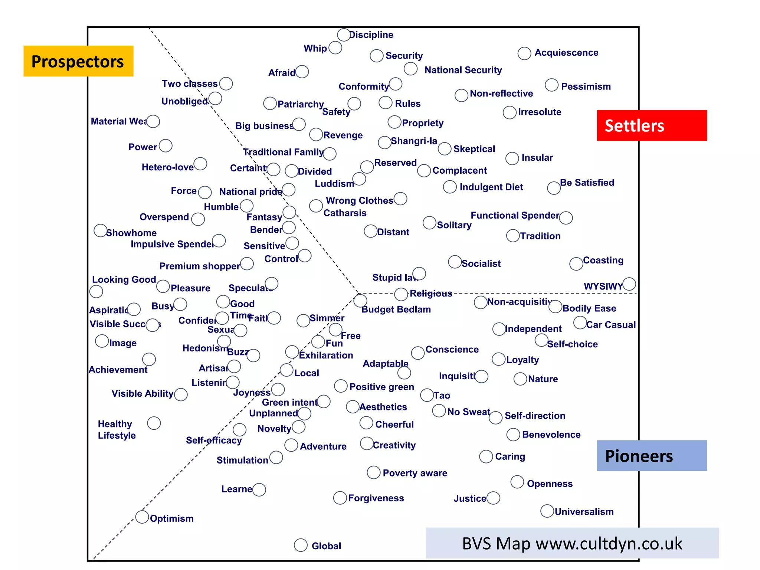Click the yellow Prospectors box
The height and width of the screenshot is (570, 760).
[78, 61]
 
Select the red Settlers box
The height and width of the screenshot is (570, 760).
[652, 125]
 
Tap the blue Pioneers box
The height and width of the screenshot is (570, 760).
[652, 456]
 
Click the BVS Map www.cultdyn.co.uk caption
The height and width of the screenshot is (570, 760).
[572, 543]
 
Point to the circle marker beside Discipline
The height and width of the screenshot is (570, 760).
[344, 35]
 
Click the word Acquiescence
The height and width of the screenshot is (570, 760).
[566, 53]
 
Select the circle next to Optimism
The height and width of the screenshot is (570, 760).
[142, 517]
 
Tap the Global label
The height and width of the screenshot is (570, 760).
[326, 546]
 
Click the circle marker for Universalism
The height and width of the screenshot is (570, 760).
[547, 511]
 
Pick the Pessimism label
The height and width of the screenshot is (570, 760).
[586, 86]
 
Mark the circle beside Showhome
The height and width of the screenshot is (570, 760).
[100, 230]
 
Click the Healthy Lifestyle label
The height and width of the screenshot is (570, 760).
[117, 430]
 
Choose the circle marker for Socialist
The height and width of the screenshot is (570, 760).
[455, 262]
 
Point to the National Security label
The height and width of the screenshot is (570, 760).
[463, 70]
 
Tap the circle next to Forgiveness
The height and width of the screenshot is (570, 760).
[340, 498]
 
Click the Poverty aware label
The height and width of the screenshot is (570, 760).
[415, 473]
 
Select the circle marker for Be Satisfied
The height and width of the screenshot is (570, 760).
[554, 188]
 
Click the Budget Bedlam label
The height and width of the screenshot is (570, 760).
[396, 309]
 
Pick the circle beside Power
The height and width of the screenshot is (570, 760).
[166, 146]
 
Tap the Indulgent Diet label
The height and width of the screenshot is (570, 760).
[491, 187]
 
